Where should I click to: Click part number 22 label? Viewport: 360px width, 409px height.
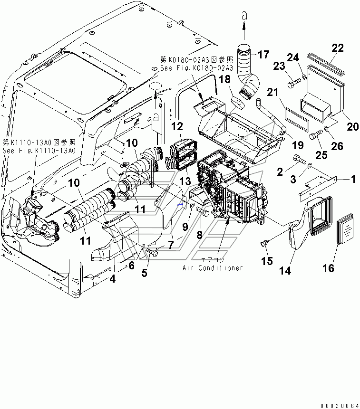[337, 48]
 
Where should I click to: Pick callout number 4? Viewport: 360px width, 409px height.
[113, 279]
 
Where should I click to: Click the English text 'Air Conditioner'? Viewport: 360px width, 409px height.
[213, 268]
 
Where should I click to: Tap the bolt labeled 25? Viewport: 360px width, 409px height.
[315, 136]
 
